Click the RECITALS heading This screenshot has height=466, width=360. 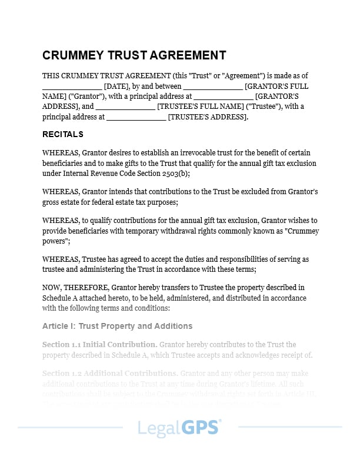click(x=63, y=134)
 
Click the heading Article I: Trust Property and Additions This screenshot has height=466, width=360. click(x=117, y=326)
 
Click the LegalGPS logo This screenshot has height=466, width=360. click(x=180, y=428)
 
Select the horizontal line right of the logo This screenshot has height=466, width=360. click(x=290, y=427)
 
